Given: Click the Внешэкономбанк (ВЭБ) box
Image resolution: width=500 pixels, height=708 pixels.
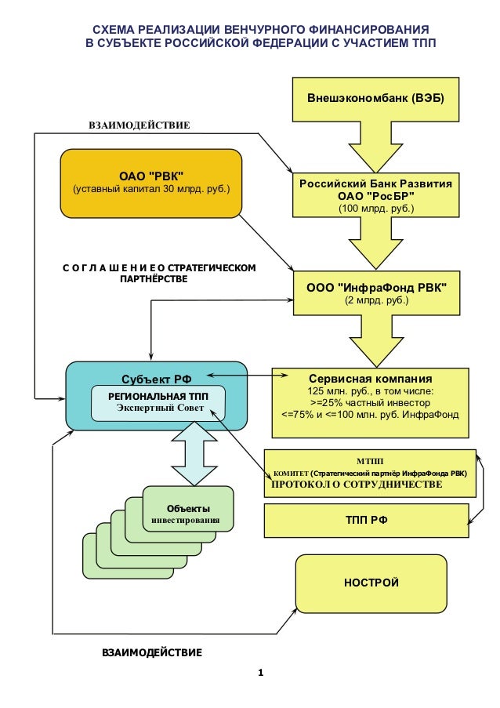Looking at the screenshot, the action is click(375, 100).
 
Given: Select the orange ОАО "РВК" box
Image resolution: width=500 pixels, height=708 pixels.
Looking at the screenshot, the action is click(151, 183).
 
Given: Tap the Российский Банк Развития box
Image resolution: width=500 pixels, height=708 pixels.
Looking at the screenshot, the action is click(376, 195).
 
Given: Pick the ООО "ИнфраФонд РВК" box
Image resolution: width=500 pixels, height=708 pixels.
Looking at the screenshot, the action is click(376, 293).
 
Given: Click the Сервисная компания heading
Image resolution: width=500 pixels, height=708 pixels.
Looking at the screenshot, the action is click(371, 379).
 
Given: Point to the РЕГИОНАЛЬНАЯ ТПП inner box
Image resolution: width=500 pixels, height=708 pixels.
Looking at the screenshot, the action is click(158, 403).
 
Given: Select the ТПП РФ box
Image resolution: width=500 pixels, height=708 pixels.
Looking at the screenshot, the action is click(367, 521).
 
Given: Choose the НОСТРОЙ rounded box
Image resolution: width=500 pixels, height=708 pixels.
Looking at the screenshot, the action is click(371, 583).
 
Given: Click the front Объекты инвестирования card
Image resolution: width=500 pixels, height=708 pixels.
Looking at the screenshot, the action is click(188, 508).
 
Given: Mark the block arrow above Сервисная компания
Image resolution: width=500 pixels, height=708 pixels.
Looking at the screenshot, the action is click(376, 341).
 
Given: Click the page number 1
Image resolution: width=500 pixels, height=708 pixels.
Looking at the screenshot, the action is click(260, 673).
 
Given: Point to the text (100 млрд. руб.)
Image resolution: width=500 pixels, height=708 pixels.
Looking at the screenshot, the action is click(376, 209).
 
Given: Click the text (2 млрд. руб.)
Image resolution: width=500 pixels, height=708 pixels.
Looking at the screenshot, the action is click(376, 300).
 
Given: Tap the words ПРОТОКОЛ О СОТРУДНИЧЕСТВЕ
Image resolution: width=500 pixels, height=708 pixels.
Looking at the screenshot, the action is click(357, 485).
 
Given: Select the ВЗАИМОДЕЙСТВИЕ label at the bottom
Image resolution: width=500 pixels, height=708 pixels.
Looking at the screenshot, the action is click(152, 652).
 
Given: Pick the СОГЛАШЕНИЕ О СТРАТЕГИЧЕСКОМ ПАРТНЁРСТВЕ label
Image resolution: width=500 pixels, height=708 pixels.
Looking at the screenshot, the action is click(159, 273).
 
